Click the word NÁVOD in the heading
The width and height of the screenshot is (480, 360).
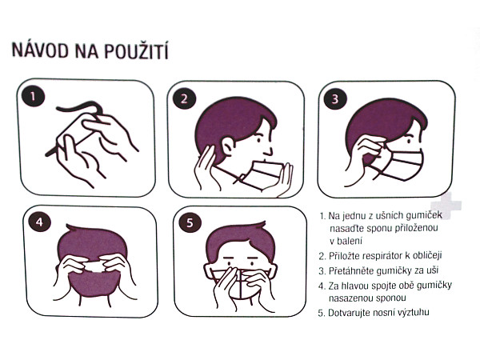tap(40, 50)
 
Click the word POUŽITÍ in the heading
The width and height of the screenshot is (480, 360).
tap(136, 50)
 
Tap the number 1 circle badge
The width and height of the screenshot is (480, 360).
tap(34, 98)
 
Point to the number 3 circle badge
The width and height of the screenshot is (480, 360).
tap(335, 98)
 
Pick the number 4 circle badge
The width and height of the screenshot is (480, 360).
tap(39, 222)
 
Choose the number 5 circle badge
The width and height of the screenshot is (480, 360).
tap(190, 222)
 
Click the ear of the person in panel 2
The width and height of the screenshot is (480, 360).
tap(228, 146)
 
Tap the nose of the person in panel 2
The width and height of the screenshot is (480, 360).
tap(268, 150)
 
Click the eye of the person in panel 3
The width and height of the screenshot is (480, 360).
tap(409, 141)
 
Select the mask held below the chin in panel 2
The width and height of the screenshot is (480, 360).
tap(264, 176)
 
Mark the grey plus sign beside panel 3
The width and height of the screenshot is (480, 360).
tap(446, 205)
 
